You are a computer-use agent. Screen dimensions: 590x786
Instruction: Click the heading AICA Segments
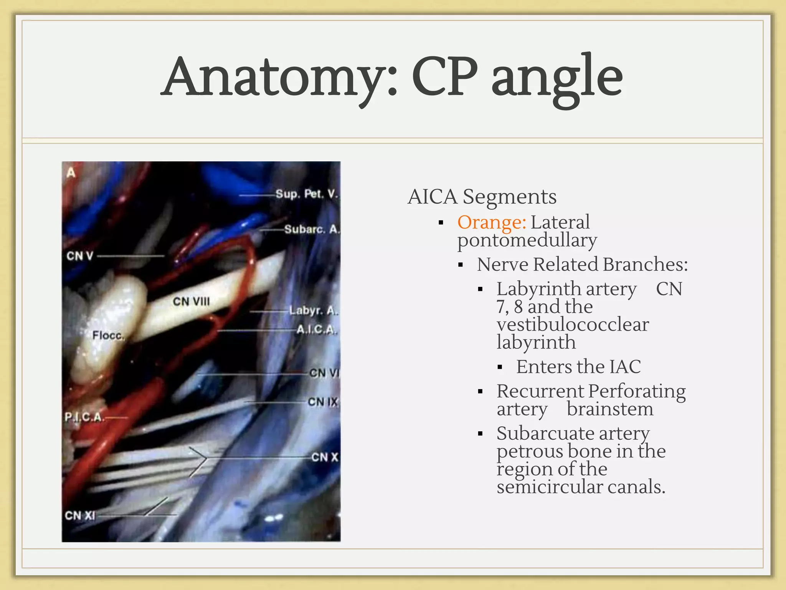click(482, 197)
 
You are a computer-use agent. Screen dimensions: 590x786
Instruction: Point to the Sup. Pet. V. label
click(307, 194)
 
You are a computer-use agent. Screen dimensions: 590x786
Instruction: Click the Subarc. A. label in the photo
click(312, 229)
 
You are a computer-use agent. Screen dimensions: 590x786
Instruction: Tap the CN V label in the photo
click(80, 256)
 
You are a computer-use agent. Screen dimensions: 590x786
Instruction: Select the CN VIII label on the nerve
click(191, 302)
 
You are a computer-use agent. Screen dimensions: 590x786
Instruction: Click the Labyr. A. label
click(313, 310)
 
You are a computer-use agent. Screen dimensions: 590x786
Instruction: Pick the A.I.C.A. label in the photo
click(317, 330)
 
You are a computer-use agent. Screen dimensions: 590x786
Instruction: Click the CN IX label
click(323, 402)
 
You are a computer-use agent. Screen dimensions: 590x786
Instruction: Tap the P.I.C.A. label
click(84, 417)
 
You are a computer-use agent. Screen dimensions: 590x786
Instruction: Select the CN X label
click(325, 457)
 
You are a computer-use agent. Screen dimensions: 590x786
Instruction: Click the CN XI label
click(80, 515)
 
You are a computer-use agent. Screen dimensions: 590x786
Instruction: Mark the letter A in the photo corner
click(71, 172)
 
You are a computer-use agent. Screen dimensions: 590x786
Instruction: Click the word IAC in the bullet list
click(624, 367)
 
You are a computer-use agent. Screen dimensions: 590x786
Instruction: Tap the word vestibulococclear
click(573, 325)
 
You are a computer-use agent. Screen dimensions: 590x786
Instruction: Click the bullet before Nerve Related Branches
click(461, 265)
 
